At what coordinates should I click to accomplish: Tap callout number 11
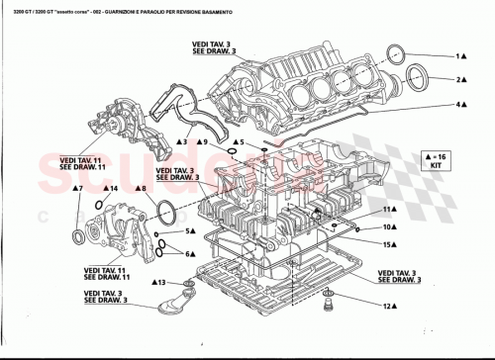click(390, 211)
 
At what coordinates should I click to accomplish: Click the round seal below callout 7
click(80, 237)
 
